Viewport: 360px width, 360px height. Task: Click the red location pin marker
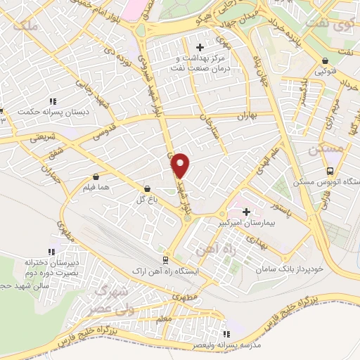[x=181, y=165]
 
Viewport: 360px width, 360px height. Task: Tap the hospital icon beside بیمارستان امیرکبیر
[x=247, y=212]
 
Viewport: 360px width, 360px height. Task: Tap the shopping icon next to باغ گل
[x=147, y=188]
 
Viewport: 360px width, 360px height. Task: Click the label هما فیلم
[x=97, y=188]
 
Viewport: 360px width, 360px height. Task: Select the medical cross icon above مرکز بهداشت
[x=200, y=47]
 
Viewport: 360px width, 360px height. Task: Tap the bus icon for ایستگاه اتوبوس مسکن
[x=330, y=171]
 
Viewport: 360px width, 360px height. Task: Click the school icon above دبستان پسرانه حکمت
[x=2, y=110]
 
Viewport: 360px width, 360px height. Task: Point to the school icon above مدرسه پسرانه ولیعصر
[x=226, y=335]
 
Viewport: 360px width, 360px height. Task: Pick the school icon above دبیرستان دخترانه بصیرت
[x=51, y=251]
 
